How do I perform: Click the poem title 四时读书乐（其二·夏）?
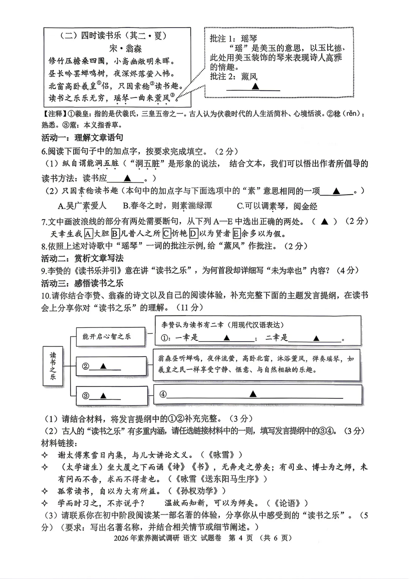[x=114, y=36]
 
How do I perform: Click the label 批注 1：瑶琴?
[x=233, y=38]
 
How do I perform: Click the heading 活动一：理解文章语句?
[x=82, y=138]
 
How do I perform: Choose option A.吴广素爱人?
[x=82, y=206]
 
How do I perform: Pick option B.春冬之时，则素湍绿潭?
[x=167, y=206]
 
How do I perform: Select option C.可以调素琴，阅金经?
[x=277, y=206]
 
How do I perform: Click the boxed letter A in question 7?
[x=88, y=233]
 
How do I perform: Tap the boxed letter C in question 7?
[x=166, y=233]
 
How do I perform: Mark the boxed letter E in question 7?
[x=237, y=233]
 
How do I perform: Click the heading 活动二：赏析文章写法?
[x=82, y=258]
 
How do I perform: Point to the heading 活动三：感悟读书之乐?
[x=82, y=283]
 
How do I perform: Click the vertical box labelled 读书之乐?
[x=53, y=366]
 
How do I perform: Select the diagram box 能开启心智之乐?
[x=110, y=336]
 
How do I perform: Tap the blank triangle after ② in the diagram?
[x=103, y=366]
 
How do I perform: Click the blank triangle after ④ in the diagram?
[x=253, y=394]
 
